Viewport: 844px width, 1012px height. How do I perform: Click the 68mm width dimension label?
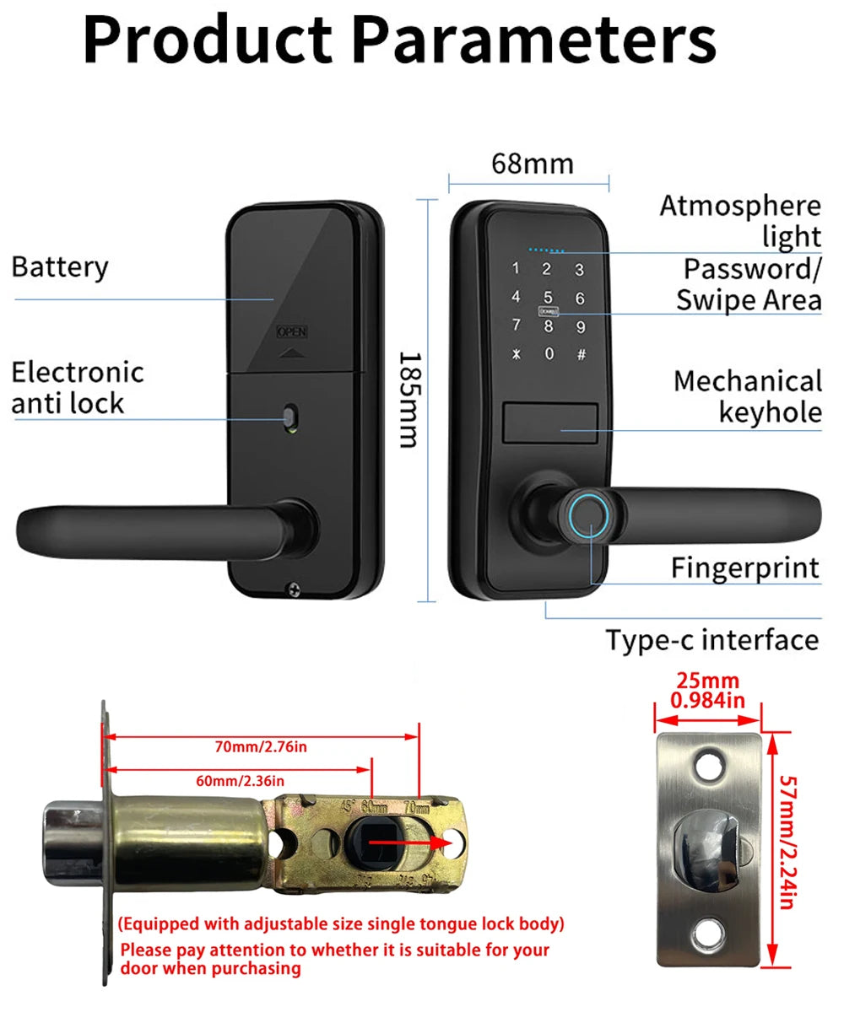pos(532,163)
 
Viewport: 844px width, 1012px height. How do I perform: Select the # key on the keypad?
pos(581,354)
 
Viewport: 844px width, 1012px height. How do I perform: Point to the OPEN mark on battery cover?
pos(292,332)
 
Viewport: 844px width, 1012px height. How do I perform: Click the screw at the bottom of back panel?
pos(294,589)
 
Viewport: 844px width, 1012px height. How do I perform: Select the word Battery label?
pos(60,266)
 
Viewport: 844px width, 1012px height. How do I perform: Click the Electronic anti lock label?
pos(78,387)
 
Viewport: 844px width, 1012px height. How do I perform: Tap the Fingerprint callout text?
pos(745,568)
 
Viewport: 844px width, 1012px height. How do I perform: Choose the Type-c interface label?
pos(712,639)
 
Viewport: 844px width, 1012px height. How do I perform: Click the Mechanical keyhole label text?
pos(748,396)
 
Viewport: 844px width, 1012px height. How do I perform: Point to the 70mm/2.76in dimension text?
pos(261,746)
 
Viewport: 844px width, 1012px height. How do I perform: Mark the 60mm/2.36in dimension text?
pos(241,780)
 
